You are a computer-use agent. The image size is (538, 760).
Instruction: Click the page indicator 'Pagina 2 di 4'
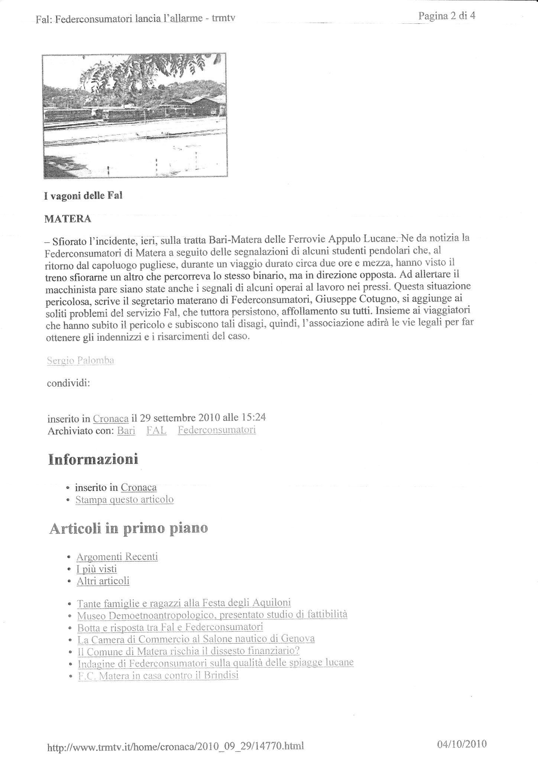tap(447, 16)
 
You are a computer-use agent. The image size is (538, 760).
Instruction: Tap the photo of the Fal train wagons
tap(134, 115)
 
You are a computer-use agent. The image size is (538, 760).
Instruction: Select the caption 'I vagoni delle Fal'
tap(83, 196)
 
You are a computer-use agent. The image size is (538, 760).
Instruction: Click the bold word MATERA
tap(68, 219)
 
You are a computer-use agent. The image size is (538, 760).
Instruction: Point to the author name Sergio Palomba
tap(80, 360)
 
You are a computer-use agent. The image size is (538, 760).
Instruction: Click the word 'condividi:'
tap(68, 383)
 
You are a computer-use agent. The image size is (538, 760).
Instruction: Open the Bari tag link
tap(126, 430)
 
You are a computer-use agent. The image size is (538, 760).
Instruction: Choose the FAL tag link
tap(156, 430)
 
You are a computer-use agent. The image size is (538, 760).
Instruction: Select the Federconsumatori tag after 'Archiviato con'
tap(217, 430)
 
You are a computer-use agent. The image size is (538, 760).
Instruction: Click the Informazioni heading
tap(93, 459)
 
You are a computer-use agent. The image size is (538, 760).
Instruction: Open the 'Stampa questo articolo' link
tap(124, 499)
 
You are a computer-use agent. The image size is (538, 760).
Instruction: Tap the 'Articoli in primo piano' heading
tap(128, 528)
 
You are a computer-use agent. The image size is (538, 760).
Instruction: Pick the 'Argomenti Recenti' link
tap(117, 557)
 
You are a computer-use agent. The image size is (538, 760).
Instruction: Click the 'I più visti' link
tap(97, 569)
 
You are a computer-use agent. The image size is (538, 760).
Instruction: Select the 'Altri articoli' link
tap(103, 581)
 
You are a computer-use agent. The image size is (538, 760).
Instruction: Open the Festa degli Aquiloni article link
tap(184, 603)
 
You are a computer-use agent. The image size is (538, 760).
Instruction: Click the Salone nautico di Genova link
tap(196, 639)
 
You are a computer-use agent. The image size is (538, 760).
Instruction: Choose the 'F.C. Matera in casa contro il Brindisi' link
tap(158, 675)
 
